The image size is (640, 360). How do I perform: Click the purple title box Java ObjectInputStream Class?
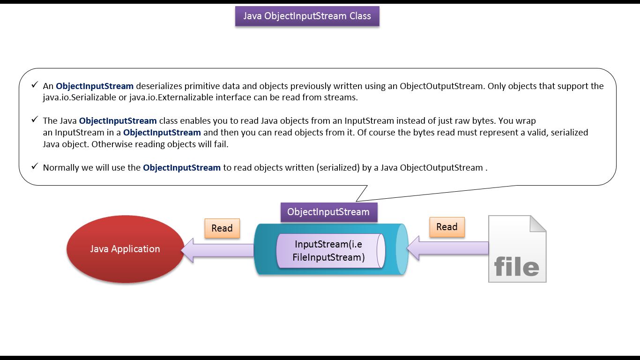click(307, 16)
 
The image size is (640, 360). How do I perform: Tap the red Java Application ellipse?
click(125, 249)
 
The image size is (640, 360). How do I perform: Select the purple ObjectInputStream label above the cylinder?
click(329, 212)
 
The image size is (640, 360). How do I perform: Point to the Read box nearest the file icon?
click(447, 227)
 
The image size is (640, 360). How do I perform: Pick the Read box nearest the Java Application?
click(222, 228)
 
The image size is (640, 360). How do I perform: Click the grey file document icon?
click(517, 249)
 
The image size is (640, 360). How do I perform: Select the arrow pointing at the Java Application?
click(217, 250)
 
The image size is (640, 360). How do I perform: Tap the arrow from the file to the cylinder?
click(447, 248)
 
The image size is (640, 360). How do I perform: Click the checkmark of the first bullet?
click(35, 85)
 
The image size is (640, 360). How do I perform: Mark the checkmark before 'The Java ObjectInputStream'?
click(35, 119)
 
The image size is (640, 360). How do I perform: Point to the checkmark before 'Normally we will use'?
click(35, 166)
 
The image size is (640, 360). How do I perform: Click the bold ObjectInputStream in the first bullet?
click(95, 86)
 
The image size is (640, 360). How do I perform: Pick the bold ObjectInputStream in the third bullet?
click(182, 167)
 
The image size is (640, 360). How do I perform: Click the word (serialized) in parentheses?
click(338, 167)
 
